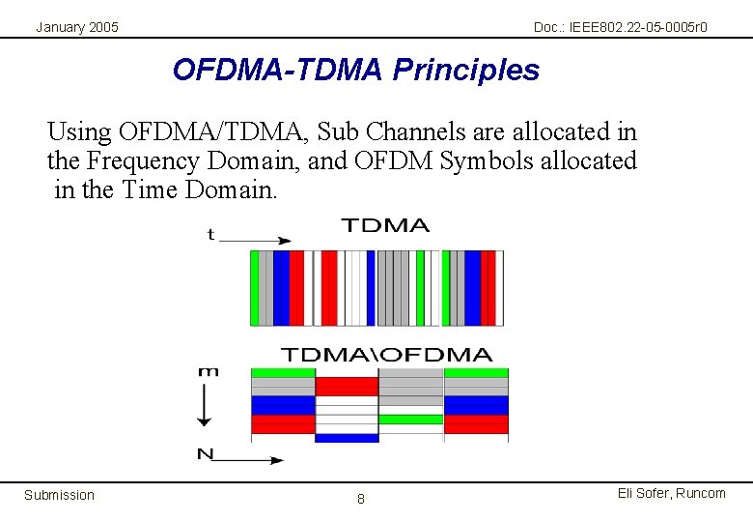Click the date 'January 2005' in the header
77,27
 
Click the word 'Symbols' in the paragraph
484,160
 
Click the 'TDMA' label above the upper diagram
385,225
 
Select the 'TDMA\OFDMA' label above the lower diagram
386,355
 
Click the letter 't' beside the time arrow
211,235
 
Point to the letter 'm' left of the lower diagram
208,371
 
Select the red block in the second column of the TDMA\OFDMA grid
347,387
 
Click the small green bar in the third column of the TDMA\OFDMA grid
410,420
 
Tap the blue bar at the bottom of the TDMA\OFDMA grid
347,438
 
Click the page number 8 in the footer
361,499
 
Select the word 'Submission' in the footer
60,495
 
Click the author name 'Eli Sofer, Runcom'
671,493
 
